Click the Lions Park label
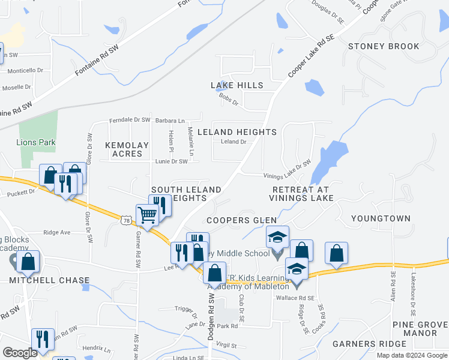36,142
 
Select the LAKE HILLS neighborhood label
237,86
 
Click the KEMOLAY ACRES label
124,149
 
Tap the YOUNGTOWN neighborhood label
381,218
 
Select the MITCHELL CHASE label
49,280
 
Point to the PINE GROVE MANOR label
419,329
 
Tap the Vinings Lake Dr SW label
287,171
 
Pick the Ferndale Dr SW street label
130,120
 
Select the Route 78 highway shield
125,221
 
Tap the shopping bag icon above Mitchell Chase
28,262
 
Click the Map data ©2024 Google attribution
412,355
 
